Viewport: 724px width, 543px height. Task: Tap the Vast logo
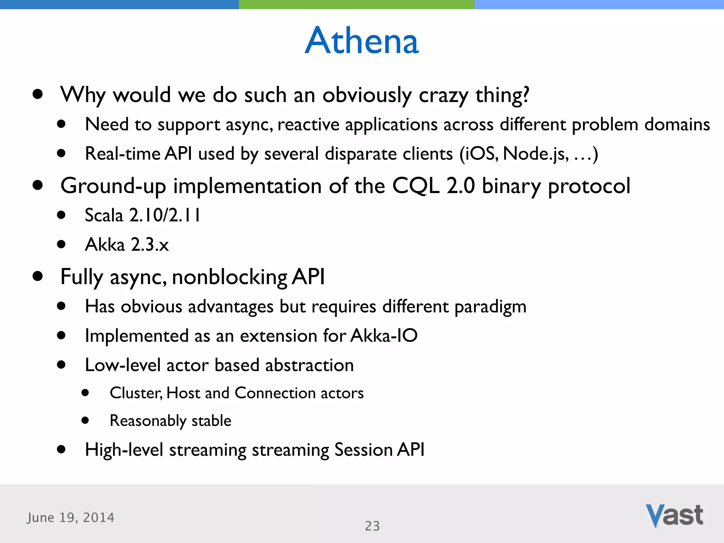pyautogui.click(x=674, y=515)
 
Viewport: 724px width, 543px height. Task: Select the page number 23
pyautogui.click(x=372, y=526)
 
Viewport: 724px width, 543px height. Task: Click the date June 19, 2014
pyautogui.click(x=71, y=518)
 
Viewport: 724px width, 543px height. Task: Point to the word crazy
pyautogui.click(x=443, y=95)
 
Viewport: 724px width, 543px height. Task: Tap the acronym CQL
pyautogui.click(x=416, y=186)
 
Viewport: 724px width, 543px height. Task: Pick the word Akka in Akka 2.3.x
pyautogui.click(x=105, y=245)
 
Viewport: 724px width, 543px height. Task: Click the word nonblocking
pyautogui.click(x=230, y=277)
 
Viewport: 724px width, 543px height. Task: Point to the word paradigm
pyautogui.click(x=490, y=307)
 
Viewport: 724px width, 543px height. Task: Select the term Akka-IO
pyautogui.click(x=384, y=335)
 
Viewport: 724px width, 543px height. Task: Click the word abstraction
pyautogui.click(x=309, y=365)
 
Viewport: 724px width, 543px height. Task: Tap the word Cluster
pyautogui.click(x=136, y=393)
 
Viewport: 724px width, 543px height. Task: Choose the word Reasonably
pyautogui.click(x=148, y=421)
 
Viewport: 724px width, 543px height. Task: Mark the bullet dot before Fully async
pyautogui.click(x=37, y=276)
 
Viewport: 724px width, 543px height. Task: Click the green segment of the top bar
pyautogui.click(x=356, y=4)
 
